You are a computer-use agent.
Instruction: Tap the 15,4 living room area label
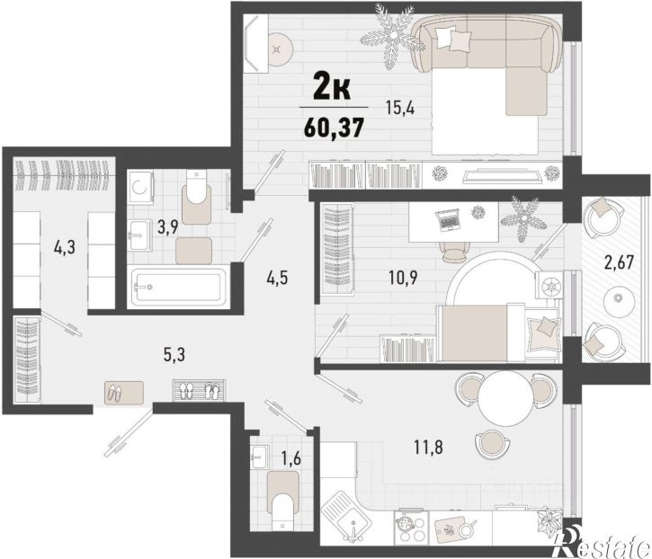click(x=401, y=110)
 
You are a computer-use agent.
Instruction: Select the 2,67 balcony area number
click(x=619, y=262)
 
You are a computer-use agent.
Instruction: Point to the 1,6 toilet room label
click(x=290, y=459)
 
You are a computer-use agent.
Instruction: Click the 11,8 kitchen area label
click(x=428, y=448)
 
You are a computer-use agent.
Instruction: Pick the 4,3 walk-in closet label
click(x=65, y=248)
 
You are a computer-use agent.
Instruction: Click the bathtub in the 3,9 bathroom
click(x=179, y=288)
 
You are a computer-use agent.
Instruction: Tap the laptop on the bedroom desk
click(x=448, y=220)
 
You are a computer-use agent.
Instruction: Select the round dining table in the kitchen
click(x=505, y=397)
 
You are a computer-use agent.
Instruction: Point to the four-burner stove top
click(x=411, y=526)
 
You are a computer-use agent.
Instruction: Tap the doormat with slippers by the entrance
click(x=124, y=392)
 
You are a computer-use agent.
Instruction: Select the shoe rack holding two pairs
click(x=200, y=390)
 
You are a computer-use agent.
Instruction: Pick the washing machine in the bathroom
click(x=140, y=187)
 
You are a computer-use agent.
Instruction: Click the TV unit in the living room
click(x=503, y=174)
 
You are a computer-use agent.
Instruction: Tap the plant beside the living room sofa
click(x=389, y=35)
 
